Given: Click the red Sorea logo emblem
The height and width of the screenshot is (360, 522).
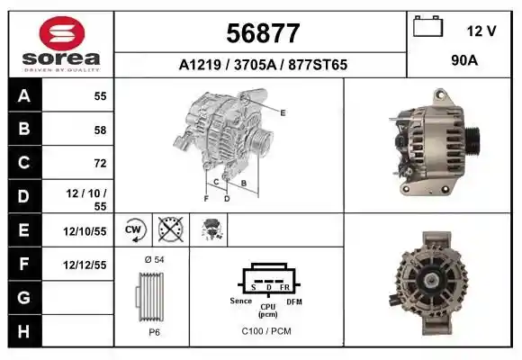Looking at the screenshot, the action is click(62, 33).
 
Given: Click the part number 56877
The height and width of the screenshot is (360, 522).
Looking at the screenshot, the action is click(263, 33).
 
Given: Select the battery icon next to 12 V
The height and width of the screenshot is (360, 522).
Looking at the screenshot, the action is click(428, 26).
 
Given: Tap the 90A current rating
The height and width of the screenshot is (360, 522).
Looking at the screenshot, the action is click(464, 60).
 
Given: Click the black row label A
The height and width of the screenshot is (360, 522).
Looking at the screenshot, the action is click(24, 96).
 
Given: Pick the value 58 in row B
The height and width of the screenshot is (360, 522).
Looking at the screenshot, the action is click(100, 130).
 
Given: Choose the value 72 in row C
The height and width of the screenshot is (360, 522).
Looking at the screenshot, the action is click(100, 163).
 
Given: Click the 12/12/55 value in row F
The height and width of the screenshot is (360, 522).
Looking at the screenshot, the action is click(85, 265).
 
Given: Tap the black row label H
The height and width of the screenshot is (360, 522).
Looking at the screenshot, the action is click(24, 331).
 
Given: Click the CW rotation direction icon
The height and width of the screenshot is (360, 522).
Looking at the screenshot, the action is click(136, 229).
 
